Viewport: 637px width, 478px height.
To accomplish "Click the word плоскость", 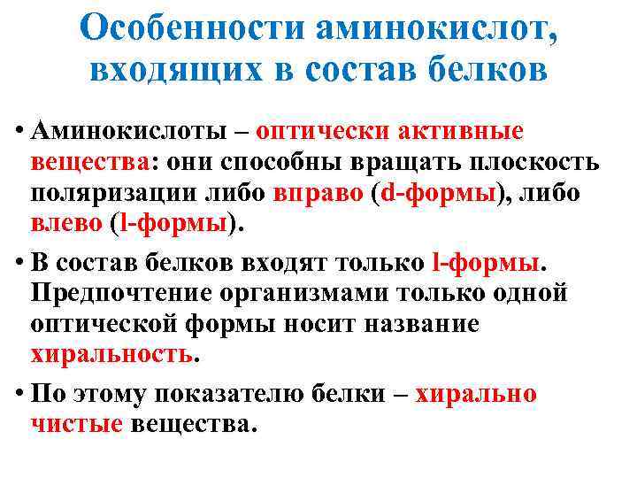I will [540, 163].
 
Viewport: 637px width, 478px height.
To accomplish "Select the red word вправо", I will [317, 194].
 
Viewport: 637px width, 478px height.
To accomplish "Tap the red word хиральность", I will [123, 356].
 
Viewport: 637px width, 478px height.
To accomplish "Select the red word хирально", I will [477, 394].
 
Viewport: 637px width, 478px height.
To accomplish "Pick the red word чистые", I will [77, 425].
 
